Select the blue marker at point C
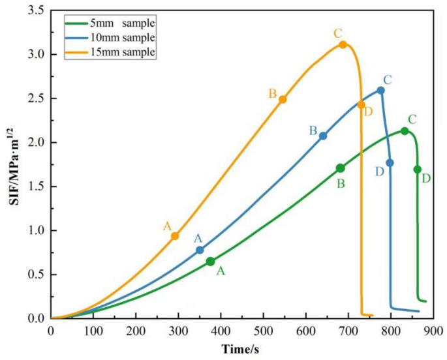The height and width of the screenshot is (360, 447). (381, 90)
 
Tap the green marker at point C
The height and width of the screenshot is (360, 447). (405, 131)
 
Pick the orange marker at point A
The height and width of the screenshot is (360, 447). (175, 236)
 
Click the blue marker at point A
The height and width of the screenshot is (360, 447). (200, 250)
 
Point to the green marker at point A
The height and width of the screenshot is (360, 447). (210, 262)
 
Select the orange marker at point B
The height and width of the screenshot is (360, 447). (283, 99)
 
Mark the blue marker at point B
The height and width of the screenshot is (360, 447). (323, 136)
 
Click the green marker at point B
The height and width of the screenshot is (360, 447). (340, 168)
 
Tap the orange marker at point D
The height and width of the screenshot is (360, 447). (362, 104)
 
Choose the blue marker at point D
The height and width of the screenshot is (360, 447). (390, 163)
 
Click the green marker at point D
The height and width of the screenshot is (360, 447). (418, 170)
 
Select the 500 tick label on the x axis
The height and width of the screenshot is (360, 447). (264, 331)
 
